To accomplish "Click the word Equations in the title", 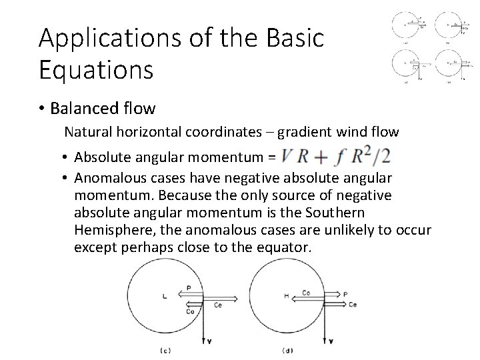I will point(96,70).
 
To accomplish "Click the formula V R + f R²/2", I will point(335,157).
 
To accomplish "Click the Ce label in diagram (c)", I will point(219,305).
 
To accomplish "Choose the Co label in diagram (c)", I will point(189,311).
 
